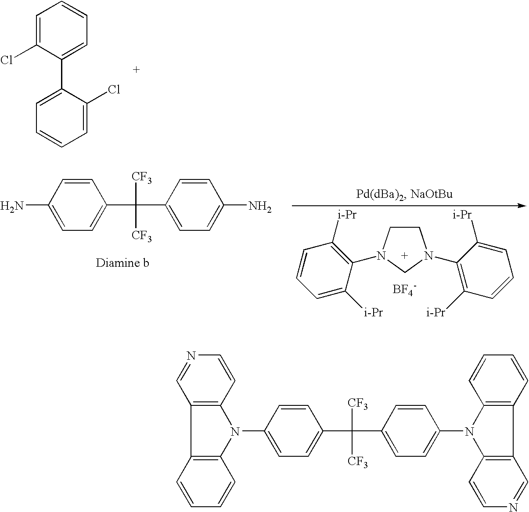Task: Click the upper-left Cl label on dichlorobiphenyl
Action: (x=7, y=60)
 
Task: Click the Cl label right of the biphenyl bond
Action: (x=114, y=90)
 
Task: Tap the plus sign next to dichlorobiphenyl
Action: (x=136, y=70)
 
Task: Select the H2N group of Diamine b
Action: (x=12, y=206)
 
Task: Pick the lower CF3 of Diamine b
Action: (x=142, y=236)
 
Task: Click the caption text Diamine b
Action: (x=122, y=263)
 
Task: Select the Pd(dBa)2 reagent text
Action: (x=381, y=194)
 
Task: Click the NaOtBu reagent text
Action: (x=432, y=194)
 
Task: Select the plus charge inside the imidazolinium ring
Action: (x=405, y=256)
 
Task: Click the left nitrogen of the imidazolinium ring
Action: (x=381, y=255)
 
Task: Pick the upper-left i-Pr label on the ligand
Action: (x=347, y=215)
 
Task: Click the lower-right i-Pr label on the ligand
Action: (x=436, y=313)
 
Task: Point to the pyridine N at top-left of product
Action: (x=192, y=355)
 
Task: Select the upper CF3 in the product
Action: (x=358, y=404)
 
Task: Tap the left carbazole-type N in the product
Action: (x=235, y=431)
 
